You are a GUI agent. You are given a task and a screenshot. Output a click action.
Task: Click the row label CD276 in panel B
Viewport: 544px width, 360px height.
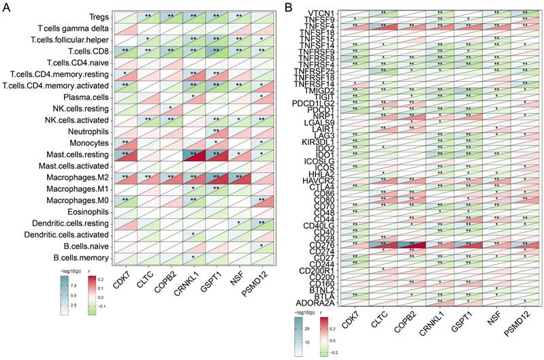click(327, 244)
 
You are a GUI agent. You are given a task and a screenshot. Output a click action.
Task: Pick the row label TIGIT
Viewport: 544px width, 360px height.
click(330, 97)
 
